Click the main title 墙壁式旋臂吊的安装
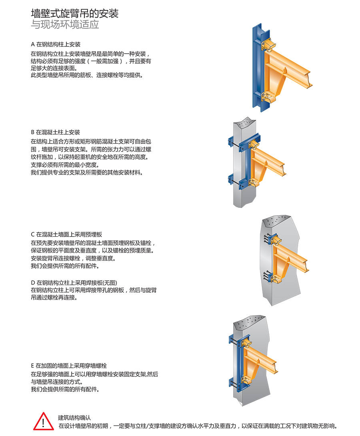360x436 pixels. point(74,13)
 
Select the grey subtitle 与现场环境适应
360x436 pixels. point(65,25)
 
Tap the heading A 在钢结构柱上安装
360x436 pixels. point(56,44)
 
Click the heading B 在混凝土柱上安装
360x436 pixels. point(56,132)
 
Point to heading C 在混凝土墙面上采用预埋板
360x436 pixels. point(69,234)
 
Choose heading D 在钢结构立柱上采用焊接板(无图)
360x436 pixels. point(74,282)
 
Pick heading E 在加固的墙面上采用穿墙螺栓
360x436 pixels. point(69,366)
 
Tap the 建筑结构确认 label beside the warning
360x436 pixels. point(74,417)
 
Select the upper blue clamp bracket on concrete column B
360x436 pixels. point(236,142)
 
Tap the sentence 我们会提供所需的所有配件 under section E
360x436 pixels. point(65,389)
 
